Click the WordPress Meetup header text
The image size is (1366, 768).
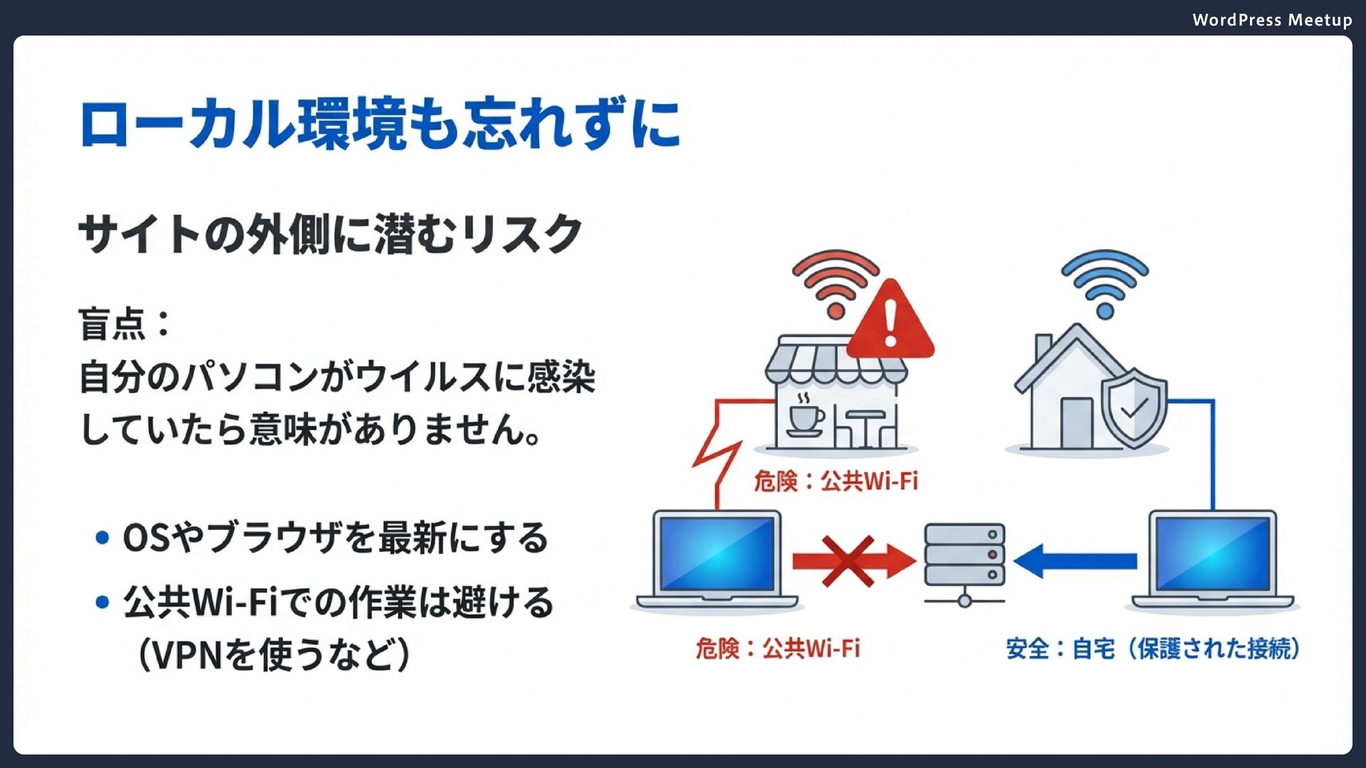pyautogui.click(x=1271, y=20)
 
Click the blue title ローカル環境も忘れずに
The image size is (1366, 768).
pyautogui.click(x=380, y=124)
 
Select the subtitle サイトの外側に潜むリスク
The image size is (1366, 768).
pyautogui.click(x=330, y=234)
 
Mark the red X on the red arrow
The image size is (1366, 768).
pyautogui.click(x=847, y=562)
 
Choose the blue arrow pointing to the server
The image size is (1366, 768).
pyautogui.click(x=1075, y=561)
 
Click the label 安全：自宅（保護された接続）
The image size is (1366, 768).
pyautogui.click(x=1153, y=649)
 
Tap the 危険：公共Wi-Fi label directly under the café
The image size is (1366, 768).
pyautogui.click(x=836, y=481)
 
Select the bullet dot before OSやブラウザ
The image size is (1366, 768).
pyautogui.click(x=102, y=538)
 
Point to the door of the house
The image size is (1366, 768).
pyautogui.click(x=1076, y=422)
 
